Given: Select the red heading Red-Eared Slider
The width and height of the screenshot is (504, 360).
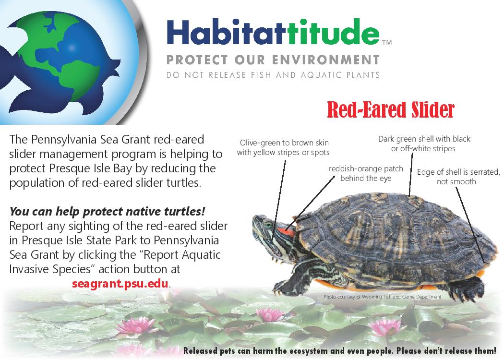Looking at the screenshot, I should coord(390,110).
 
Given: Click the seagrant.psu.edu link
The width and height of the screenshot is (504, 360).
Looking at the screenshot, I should coord(120,283).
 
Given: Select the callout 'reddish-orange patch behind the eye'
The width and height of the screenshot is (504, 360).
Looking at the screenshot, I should coord(366,174).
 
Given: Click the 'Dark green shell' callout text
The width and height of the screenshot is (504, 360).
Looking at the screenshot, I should coord(424,144).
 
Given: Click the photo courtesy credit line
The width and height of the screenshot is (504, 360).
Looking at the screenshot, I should coord(382,297).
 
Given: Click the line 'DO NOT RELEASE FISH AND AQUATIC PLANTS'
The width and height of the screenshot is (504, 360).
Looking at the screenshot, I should coord(273,75).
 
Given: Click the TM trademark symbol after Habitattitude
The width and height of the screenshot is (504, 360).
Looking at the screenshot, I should coord(387,43).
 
